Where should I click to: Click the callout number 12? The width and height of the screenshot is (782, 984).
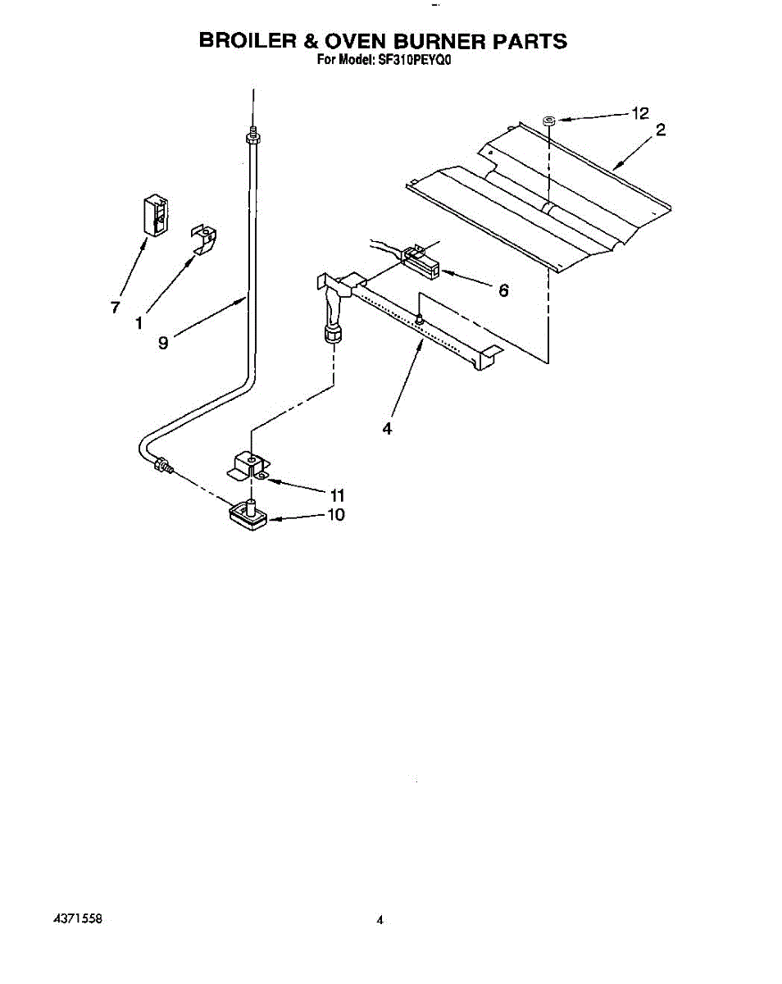tap(639, 114)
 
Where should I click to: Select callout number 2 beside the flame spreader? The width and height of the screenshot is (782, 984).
tap(661, 129)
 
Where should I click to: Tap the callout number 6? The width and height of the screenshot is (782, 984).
tap(503, 289)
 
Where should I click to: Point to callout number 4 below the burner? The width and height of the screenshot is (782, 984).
tap(387, 428)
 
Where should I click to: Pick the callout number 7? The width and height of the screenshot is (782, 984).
tap(116, 307)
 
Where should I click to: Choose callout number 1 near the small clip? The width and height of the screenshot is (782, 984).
tap(139, 323)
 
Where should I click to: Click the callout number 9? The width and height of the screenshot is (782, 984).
tap(163, 344)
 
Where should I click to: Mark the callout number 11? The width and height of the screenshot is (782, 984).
tap(336, 495)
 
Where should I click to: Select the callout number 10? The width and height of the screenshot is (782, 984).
tap(336, 515)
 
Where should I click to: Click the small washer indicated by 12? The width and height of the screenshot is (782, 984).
tap(548, 121)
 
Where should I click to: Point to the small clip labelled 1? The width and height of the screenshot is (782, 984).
tap(205, 237)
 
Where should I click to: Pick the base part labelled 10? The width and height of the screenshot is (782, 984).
tap(248, 514)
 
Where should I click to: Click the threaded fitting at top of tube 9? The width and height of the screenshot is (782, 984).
tap(252, 134)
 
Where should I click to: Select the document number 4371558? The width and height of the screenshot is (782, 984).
tap(78, 919)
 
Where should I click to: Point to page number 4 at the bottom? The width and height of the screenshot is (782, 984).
tap(380, 921)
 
